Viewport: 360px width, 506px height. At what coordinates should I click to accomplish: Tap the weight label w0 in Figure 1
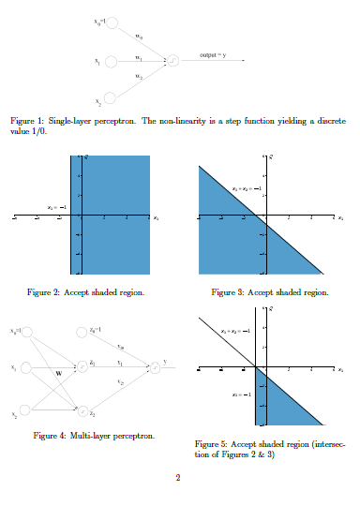139,37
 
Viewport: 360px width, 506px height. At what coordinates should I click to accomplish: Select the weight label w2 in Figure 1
139,75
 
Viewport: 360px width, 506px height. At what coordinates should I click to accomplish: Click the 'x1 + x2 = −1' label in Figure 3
245,189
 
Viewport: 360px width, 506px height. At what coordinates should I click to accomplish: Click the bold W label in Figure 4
59,373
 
